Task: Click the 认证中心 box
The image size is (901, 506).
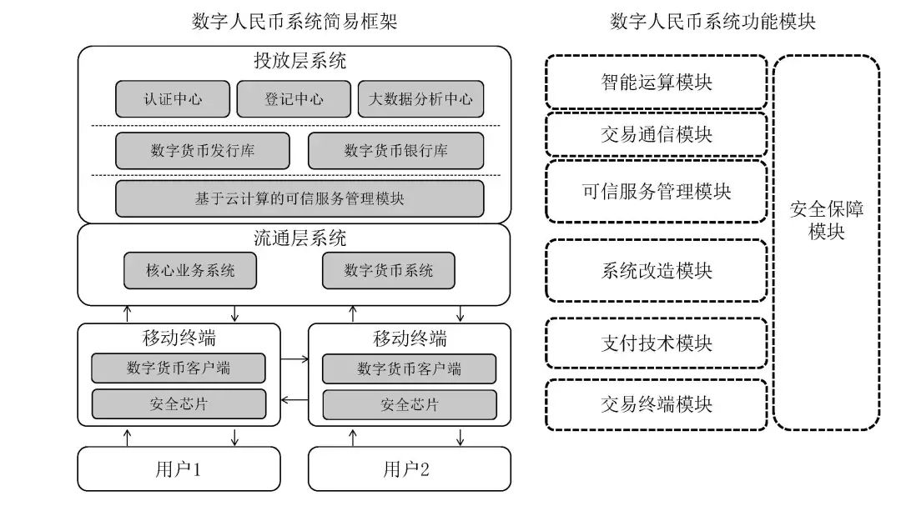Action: (x=173, y=99)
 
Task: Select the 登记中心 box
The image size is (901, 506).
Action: (x=294, y=99)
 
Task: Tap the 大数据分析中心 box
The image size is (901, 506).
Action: (x=420, y=99)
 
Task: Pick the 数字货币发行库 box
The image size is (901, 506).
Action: (x=203, y=151)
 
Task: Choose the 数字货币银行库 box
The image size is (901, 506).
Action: (x=395, y=151)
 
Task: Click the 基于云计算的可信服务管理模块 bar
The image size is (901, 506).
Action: (x=299, y=198)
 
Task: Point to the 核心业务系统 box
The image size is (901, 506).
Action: (x=190, y=271)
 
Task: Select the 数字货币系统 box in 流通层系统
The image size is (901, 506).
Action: (x=389, y=271)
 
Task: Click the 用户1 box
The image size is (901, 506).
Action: (x=179, y=469)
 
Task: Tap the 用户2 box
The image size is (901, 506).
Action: (x=409, y=469)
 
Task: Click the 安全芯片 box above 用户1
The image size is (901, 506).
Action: (x=179, y=404)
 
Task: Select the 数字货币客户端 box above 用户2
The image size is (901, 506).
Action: (x=409, y=368)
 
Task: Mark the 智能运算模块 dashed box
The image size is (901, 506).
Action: (x=657, y=82)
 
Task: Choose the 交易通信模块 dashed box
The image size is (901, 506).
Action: (x=657, y=134)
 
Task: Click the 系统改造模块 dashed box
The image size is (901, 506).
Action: (x=657, y=271)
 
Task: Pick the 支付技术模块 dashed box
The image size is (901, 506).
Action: (x=657, y=343)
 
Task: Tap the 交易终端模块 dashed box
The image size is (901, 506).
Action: (x=657, y=404)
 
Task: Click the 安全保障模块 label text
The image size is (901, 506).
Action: (x=826, y=220)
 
